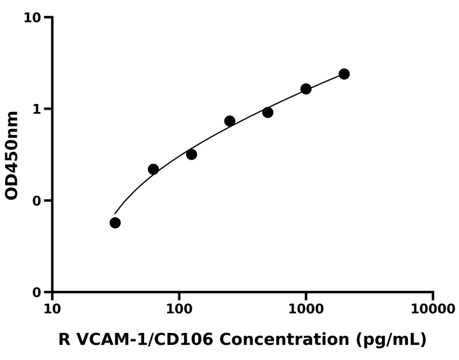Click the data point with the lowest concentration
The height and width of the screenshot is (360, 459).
[115, 223]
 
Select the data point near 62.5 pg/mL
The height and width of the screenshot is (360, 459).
[153, 169]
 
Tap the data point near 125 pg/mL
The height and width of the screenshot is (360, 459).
[191, 154]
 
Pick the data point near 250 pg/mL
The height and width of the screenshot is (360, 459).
[229, 121]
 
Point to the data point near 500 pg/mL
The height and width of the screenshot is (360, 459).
[268, 112]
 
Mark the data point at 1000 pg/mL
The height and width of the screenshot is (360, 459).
[306, 89]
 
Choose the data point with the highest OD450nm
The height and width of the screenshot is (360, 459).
[344, 74]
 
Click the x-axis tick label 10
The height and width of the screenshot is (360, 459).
[52, 309]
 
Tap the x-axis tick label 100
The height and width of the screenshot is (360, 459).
[179, 309]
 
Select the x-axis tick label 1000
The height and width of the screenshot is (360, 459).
[306, 309]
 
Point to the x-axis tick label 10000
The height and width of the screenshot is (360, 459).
[433, 309]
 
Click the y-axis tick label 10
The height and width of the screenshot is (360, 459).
[33, 18]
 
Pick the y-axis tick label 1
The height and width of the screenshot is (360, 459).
[37, 109]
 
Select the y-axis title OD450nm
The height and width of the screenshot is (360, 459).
[12, 155]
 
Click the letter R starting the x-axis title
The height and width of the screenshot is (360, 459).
[65, 340]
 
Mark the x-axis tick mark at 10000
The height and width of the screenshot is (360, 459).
[433, 296]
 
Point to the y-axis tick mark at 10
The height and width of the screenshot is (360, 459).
[48, 17]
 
